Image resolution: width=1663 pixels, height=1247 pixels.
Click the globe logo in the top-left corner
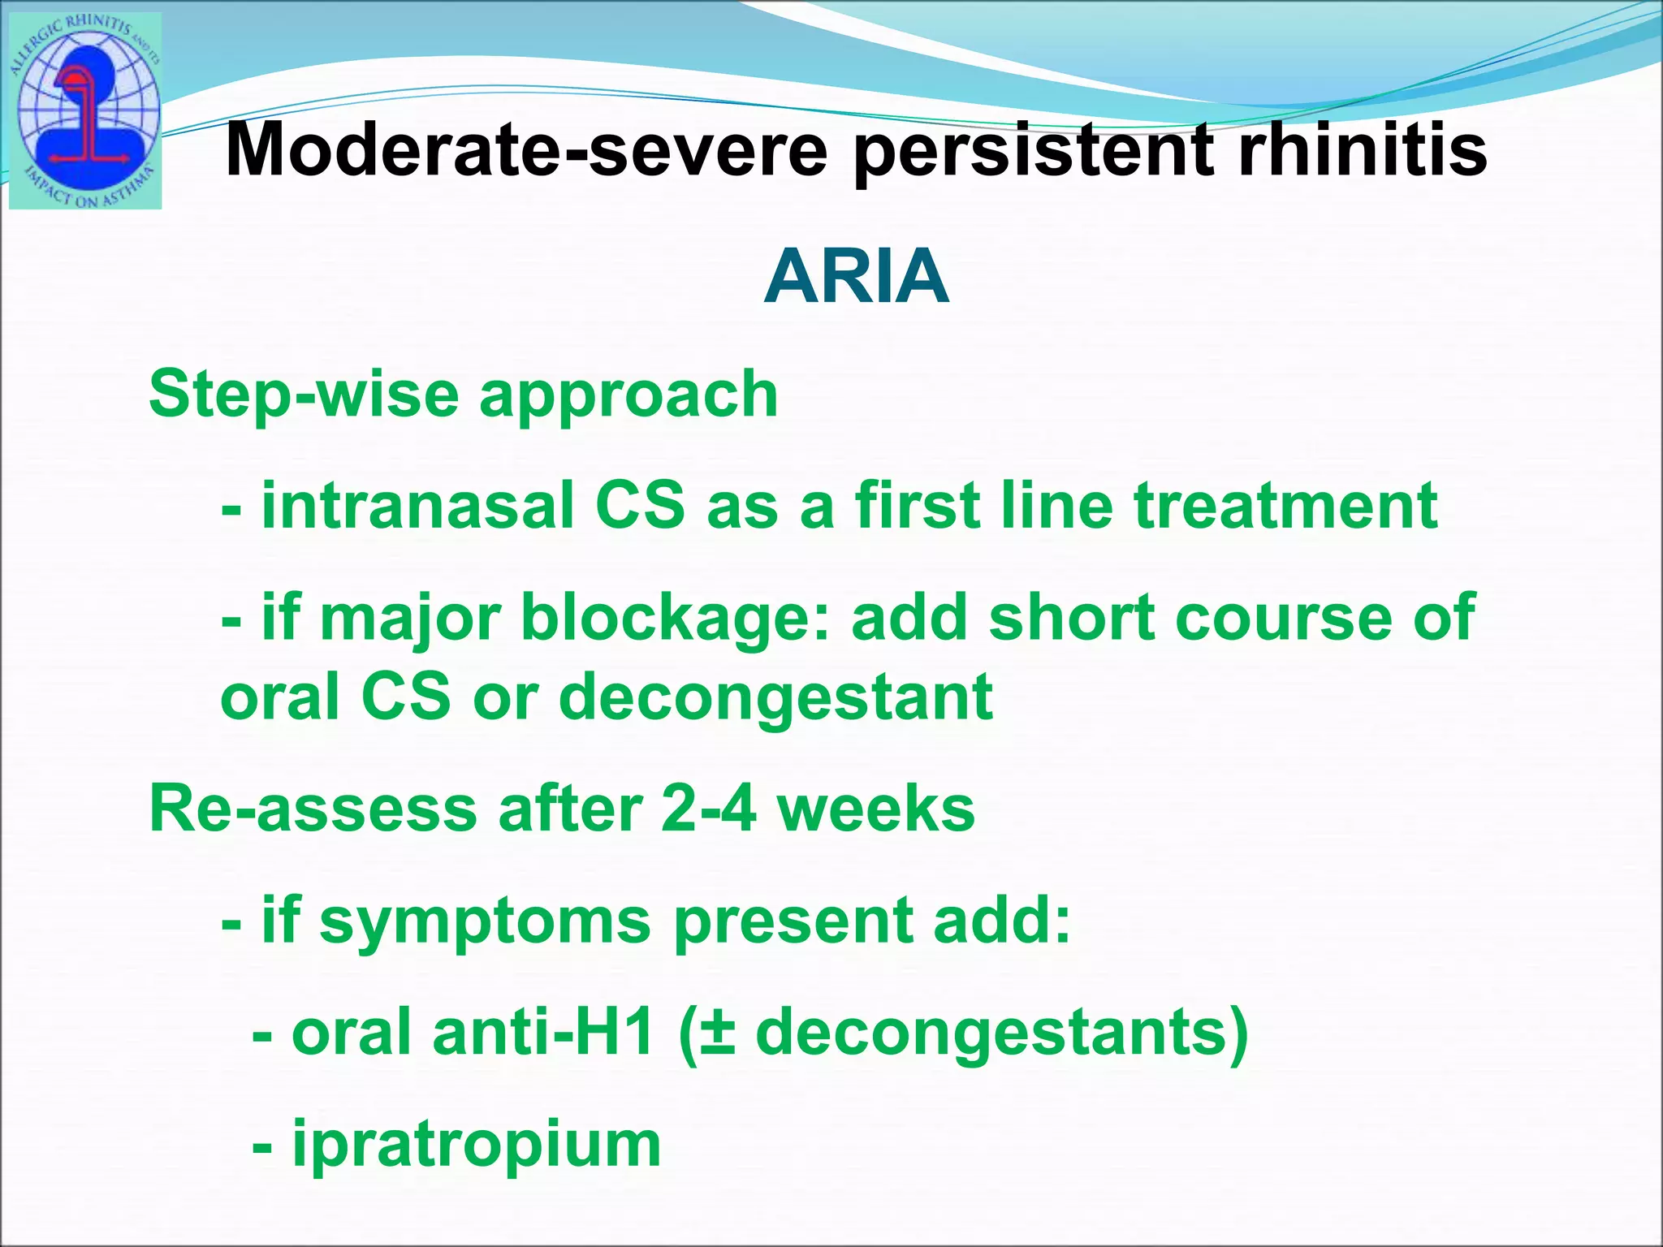click(x=85, y=112)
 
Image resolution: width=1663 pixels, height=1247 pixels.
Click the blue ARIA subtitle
click(x=857, y=277)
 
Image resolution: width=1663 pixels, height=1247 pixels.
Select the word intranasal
click(x=416, y=506)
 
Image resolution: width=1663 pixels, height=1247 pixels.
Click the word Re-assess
click(x=313, y=809)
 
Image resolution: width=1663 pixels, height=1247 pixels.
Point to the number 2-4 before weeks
click(x=708, y=809)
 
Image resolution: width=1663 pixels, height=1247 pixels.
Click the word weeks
click(x=877, y=809)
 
